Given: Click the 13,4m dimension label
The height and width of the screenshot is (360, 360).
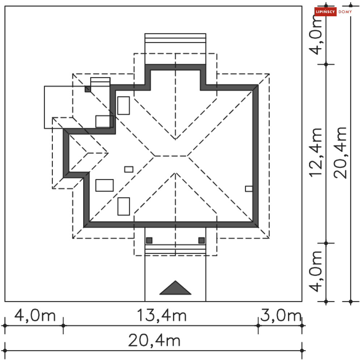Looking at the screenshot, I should click(x=161, y=316).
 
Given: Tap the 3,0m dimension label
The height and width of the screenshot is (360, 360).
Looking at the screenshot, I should click(x=281, y=316).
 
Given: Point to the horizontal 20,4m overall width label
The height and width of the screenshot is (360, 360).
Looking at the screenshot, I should click(x=154, y=340).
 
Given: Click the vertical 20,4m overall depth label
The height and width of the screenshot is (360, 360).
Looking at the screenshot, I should click(x=340, y=152).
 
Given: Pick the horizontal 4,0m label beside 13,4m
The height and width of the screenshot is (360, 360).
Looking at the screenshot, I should click(x=35, y=316).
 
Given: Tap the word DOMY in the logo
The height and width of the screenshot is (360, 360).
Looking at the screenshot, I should click(x=345, y=12).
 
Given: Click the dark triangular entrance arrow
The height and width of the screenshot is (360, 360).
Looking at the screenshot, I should click(x=175, y=289).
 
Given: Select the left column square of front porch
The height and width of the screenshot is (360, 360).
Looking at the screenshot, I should click(x=149, y=240).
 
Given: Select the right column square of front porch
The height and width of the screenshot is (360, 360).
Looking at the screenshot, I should click(x=202, y=240).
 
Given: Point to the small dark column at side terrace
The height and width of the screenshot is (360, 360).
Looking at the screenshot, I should click(x=88, y=89).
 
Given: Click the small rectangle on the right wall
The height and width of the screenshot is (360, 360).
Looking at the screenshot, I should click(x=249, y=189).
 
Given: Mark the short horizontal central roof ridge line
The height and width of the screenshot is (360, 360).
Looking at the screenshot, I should click(x=171, y=156).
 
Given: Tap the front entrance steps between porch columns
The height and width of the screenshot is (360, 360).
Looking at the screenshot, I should click(x=175, y=249).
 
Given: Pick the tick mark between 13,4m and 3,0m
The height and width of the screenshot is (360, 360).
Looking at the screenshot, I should click(x=258, y=326).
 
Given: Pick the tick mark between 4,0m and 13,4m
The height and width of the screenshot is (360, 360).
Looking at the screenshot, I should click(x=63, y=326).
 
